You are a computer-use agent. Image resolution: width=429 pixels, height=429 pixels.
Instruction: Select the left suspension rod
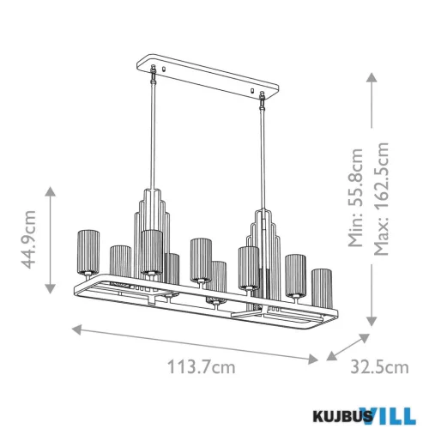click(156, 137)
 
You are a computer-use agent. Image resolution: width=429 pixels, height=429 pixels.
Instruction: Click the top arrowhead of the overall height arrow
click(371, 76)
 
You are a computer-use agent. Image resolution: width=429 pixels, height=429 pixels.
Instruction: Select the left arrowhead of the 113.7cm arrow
click(75, 327)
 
